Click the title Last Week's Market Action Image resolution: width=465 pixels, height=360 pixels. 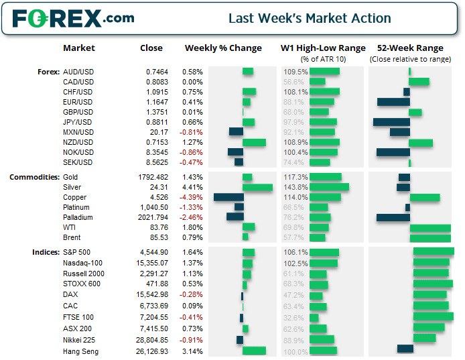click(x=310, y=18)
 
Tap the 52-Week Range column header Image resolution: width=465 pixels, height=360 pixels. click(x=410, y=48)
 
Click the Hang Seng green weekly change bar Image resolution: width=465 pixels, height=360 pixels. click(x=254, y=351)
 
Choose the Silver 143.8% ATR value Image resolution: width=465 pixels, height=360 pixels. click(x=295, y=187)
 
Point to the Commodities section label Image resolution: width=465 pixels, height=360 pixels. click(x=34, y=177)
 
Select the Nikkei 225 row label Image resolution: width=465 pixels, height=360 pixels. click(x=80, y=341)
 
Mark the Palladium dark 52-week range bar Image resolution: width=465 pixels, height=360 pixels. click(x=393, y=217)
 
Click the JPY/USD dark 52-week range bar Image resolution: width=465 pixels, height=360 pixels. click(x=391, y=122)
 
